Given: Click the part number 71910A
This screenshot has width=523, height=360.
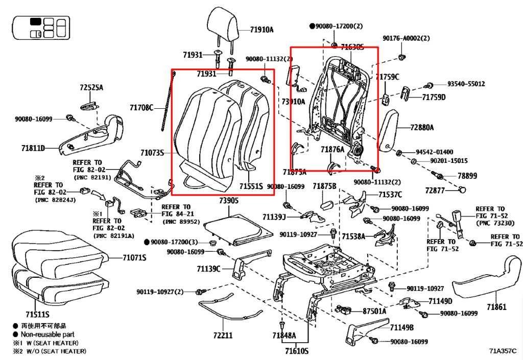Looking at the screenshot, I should coord(261,30).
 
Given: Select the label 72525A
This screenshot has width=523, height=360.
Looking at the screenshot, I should coord(91,88).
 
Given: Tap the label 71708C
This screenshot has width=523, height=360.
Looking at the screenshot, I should coord(141,108).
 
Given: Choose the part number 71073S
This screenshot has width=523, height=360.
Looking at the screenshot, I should coord(152,153).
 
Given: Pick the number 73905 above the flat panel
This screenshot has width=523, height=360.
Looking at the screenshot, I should coord(229,201).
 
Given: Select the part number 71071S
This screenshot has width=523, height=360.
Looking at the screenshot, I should coord(134,258).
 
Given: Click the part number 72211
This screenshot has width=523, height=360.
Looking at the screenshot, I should coord(223,335).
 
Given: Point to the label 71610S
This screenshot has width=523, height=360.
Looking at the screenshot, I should coord(297,351).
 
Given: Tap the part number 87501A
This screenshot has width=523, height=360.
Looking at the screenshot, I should coord(374,311).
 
